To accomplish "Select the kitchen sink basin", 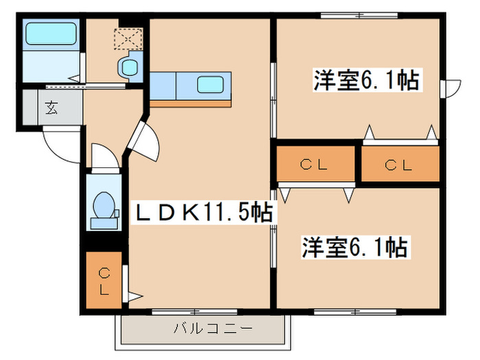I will pyautogui.click(x=210, y=85).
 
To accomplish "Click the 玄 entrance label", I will pyautogui.click(x=51, y=108).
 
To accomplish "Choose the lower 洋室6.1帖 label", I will pyautogui.click(x=355, y=247).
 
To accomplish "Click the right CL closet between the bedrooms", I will pyautogui.click(x=400, y=165).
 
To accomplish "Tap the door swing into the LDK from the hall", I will pyautogui.click(x=147, y=141).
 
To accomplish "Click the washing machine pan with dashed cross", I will pyautogui.click(x=127, y=39).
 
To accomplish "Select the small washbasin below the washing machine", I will pyautogui.click(x=128, y=68).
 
